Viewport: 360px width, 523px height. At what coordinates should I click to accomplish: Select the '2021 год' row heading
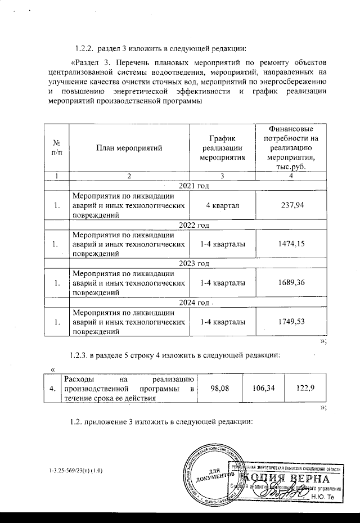[x=193, y=186]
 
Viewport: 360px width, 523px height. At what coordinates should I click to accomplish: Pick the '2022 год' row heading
[x=193, y=225]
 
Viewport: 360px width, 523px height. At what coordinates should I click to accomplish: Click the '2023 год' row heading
[x=193, y=263]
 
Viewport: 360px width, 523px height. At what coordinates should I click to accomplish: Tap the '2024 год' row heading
[x=193, y=302]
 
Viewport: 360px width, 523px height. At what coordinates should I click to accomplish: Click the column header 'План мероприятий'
[x=129, y=148]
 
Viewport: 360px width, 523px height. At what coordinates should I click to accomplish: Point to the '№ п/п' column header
[x=57, y=148]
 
